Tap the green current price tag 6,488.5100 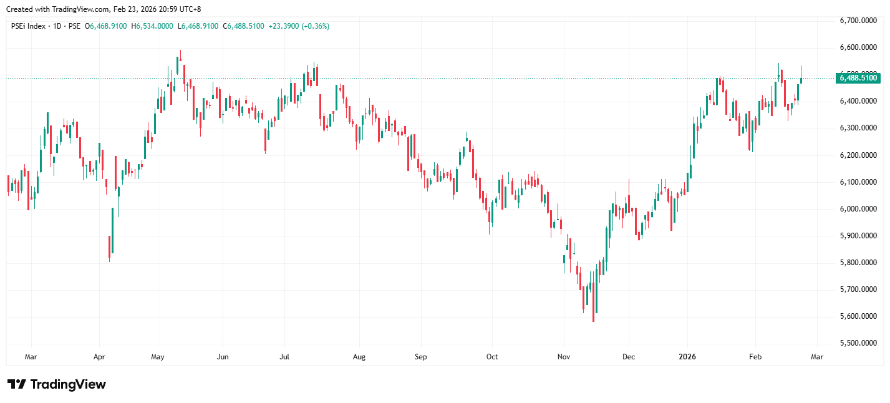pyautogui.click(x=859, y=78)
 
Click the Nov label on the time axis pyautogui.click(x=564, y=357)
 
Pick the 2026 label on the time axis pyautogui.click(x=687, y=357)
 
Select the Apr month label pyautogui.click(x=99, y=357)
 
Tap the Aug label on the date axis pyautogui.click(x=359, y=357)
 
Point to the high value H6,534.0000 pyautogui.click(x=152, y=26)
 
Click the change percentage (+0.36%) pyautogui.click(x=316, y=26)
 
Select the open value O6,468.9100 pyautogui.click(x=107, y=26)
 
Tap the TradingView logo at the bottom pyautogui.click(x=56, y=384)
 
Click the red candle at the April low pyautogui.click(x=109, y=246)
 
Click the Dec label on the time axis pyautogui.click(x=629, y=357)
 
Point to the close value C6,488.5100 pyautogui.click(x=245, y=26)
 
